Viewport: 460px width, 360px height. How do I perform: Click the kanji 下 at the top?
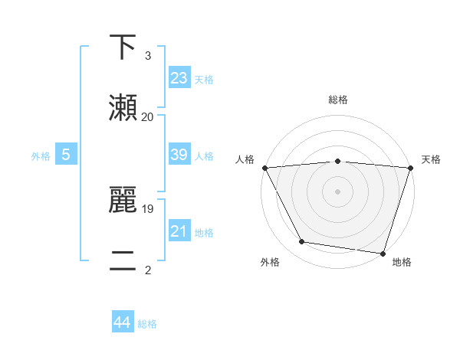[123, 47]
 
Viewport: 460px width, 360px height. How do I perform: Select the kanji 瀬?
[123, 106]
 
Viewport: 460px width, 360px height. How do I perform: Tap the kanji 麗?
[123, 201]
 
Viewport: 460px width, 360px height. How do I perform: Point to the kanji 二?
[123, 260]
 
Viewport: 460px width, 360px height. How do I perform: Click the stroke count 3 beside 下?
[147, 56]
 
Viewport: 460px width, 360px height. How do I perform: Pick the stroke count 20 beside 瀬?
[147, 116]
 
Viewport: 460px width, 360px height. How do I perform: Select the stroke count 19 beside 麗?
[147, 208]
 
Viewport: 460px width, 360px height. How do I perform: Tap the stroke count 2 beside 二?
[147, 269]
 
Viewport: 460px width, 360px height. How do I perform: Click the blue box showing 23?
[179, 77]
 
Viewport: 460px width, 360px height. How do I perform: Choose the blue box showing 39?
[179, 155]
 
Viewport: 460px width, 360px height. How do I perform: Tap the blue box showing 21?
[179, 231]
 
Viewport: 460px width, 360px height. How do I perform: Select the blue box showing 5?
[66, 155]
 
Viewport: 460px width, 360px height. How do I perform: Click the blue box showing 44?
[122, 322]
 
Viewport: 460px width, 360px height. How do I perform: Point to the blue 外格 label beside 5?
[41, 156]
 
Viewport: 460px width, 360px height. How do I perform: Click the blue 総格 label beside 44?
[147, 324]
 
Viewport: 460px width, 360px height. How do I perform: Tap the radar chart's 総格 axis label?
[337, 100]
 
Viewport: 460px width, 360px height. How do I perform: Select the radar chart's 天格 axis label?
[431, 159]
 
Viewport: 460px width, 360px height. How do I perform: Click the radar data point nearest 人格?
[264, 168]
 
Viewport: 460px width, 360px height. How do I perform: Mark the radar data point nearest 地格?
[383, 253]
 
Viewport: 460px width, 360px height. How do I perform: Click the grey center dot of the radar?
[337, 191]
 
